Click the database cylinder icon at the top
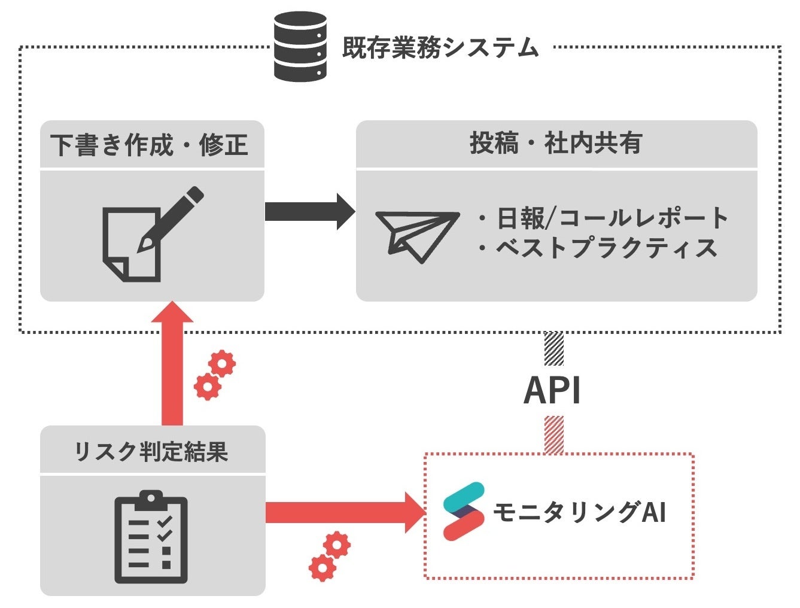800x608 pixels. pyautogui.click(x=300, y=47)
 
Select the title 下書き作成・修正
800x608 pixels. pyautogui.click(x=150, y=145)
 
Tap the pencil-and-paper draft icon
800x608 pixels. pyautogui.click(x=151, y=234)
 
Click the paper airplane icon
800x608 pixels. pyautogui.click(x=416, y=235)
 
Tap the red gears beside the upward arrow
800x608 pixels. pyautogui.click(x=215, y=375)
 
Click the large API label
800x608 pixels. pyautogui.click(x=552, y=391)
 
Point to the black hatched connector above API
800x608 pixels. pyautogui.click(x=553, y=348)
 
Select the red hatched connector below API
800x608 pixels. pyautogui.click(x=553, y=435)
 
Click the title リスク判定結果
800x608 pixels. pyautogui.click(x=151, y=451)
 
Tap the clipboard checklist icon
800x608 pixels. pyautogui.click(x=151, y=537)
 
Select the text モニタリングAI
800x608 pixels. pyautogui.click(x=579, y=513)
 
